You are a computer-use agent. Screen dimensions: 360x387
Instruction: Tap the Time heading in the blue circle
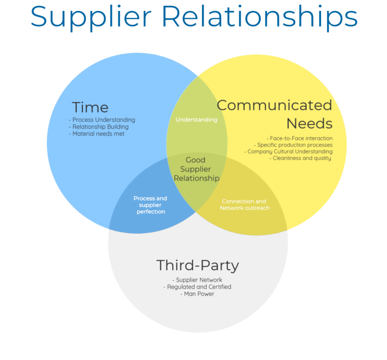tap(90, 107)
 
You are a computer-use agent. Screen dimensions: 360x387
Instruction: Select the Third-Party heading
tap(197, 266)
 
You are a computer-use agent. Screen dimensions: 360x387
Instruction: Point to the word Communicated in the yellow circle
tap(274, 105)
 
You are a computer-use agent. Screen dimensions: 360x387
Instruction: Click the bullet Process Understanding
tap(102, 120)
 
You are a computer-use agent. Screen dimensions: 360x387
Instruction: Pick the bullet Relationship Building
tap(98, 127)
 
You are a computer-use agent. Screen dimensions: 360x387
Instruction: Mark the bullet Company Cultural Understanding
tap(288, 152)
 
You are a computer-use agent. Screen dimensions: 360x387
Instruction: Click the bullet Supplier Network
tap(197, 280)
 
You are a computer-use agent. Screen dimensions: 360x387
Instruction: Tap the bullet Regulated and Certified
tap(197, 287)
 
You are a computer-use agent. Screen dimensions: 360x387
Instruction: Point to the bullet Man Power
tap(197, 294)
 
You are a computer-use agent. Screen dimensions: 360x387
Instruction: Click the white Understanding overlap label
tap(196, 120)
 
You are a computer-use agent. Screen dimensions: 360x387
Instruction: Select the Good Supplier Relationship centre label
tap(196, 169)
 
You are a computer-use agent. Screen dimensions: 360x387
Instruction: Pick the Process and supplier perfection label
tap(150, 205)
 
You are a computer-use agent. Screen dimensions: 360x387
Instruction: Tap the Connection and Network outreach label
tap(244, 205)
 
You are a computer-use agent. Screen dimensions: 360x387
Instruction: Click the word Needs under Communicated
tap(309, 124)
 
